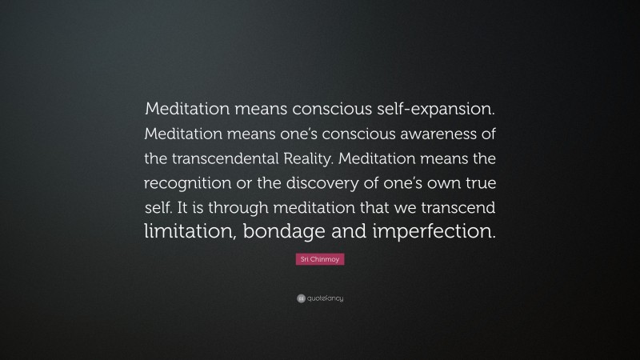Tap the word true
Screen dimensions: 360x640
point(477,182)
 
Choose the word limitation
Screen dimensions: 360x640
point(190,233)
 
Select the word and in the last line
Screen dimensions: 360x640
point(353,233)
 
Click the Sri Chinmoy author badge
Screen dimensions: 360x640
point(320,260)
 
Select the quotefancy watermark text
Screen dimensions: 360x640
point(326,298)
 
